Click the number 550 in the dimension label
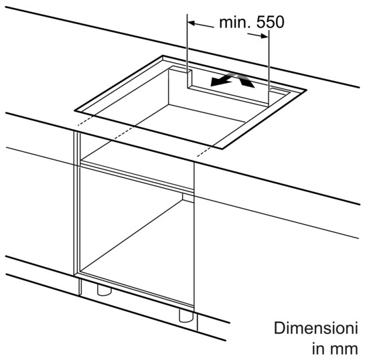[x=270, y=22]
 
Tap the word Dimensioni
[x=316, y=328]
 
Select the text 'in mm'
[x=335, y=349]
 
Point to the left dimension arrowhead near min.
[x=192, y=23]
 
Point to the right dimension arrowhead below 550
[x=265, y=36]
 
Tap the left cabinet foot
[x=104, y=290]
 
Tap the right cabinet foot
[x=186, y=316]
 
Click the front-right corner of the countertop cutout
[x=223, y=149]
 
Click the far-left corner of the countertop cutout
[x=75, y=110]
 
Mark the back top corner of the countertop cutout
[x=163, y=56]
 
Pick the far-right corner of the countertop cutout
[x=306, y=90]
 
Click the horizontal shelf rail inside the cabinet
[x=137, y=177]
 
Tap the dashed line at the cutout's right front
[x=206, y=151]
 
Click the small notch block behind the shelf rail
[x=188, y=197]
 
